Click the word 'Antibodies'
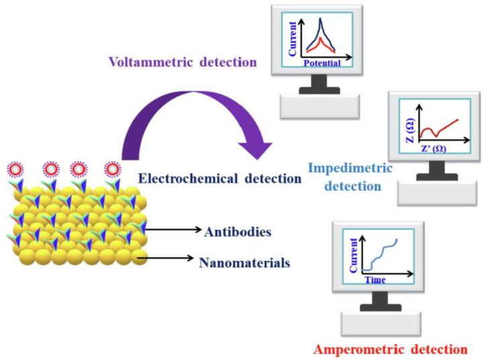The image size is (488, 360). tap(237, 232)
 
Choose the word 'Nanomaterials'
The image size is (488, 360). tap(244, 263)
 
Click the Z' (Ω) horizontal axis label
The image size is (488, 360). tap(434, 148)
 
